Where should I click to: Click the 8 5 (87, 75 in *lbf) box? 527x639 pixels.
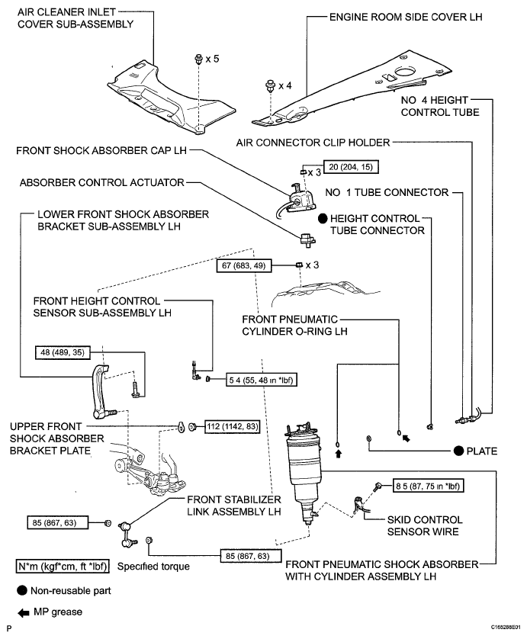tap(429, 486)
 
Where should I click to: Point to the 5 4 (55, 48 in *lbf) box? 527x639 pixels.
tap(262, 380)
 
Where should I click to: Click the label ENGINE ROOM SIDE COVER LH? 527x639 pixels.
tap(406, 17)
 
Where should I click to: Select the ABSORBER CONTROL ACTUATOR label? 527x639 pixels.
tap(102, 182)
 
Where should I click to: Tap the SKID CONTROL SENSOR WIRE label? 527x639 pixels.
tap(425, 525)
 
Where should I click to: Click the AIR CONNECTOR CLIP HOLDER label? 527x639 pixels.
tap(313, 143)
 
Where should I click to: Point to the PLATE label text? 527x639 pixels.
tap(482, 451)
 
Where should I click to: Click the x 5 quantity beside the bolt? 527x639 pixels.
tap(212, 59)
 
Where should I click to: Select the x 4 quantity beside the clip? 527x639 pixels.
tap(285, 85)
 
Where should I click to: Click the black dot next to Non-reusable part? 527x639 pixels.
tap(22, 590)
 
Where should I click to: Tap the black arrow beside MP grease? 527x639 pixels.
tap(23, 612)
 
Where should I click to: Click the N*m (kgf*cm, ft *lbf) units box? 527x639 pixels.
tap(63, 567)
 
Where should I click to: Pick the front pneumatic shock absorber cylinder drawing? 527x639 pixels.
tap(304, 470)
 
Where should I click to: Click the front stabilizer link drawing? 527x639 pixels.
tap(127, 533)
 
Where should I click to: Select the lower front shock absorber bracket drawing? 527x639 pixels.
tap(102, 392)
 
